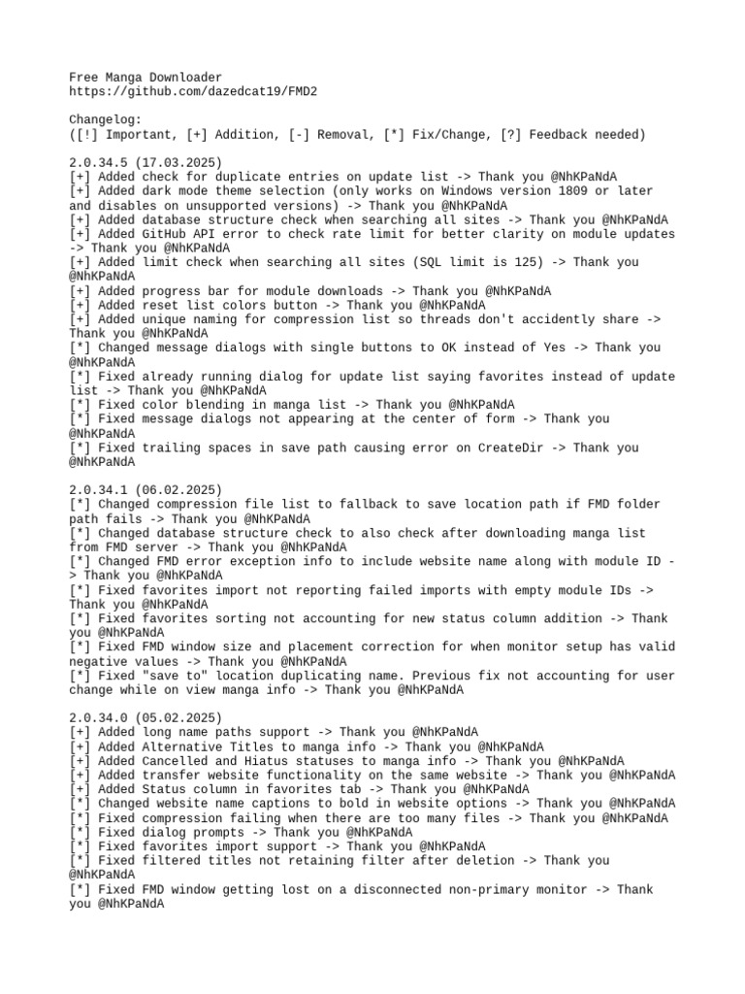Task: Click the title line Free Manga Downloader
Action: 146,77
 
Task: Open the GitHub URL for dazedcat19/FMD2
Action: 193,91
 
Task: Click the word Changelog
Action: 105,120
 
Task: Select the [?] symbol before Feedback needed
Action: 510,134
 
